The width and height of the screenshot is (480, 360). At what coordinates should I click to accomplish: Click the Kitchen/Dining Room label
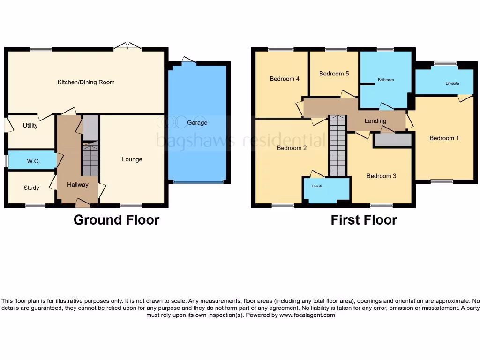pyautogui.click(x=86, y=82)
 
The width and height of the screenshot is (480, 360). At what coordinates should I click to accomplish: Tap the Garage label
pyautogui.click(x=197, y=123)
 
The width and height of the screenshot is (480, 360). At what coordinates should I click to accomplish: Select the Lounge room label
pyautogui.click(x=132, y=159)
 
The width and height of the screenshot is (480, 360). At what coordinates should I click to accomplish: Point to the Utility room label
pyautogui.click(x=30, y=126)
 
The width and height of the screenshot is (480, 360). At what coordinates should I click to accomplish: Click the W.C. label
pyautogui.click(x=33, y=161)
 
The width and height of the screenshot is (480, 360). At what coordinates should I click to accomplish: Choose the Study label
pyautogui.click(x=31, y=188)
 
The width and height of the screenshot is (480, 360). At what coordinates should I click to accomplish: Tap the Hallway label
pyautogui.click(x=77, y=185)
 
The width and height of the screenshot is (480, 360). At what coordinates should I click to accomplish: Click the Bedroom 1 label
pyautogui.click(x=444, y=138)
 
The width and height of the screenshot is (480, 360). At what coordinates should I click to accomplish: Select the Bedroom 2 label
pyautogui.click(x=292, y=148)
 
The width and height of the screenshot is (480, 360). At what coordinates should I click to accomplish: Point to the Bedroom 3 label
pyautogui.click(x=381, y=176)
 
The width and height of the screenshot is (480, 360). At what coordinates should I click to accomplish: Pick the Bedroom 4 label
pyautogui.click(x=285, y=79)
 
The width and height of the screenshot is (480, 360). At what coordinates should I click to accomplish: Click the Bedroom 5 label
pyautogui.click(x=334, y=74)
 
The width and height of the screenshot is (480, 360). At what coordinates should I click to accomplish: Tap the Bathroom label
pyautogui.click(x=386, y=80)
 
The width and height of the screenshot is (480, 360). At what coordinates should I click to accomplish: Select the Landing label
pyautogui.click(x=375, y=121)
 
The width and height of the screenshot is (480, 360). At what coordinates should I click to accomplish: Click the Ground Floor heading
pyautogui.click(x=116, y=220)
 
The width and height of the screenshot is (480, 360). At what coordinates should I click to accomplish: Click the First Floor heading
pyautogui.click(x=364, y=220)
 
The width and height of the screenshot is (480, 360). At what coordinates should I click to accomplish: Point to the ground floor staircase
pyautogui.click(x=90, y=159)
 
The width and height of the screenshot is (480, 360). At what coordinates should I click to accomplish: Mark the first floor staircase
pyautogui.click(x=337, y=145)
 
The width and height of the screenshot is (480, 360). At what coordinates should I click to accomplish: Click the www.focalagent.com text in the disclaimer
pyautogui.click(x=307, y=315)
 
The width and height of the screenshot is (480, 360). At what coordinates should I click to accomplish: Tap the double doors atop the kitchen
pyautogui.click(x=128, y=46)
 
